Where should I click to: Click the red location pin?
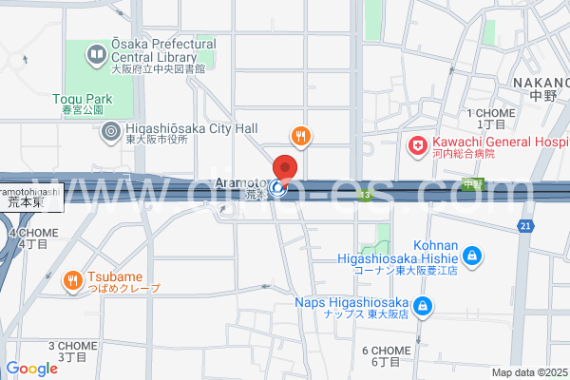coord(285,166)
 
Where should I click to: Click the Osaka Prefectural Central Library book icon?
coord(96,55)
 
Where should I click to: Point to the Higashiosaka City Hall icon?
coord(111,131)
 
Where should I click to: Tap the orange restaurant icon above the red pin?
coord(300,137)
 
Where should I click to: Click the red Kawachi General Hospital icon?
coord(416,145)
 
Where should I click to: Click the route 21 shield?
coord(525,225)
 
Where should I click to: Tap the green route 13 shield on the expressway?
coord(364,194)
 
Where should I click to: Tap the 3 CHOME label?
coord(72,351)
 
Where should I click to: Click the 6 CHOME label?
coord(386,355)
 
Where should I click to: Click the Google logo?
coord(31,369)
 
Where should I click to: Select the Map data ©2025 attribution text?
coord(528,372)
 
